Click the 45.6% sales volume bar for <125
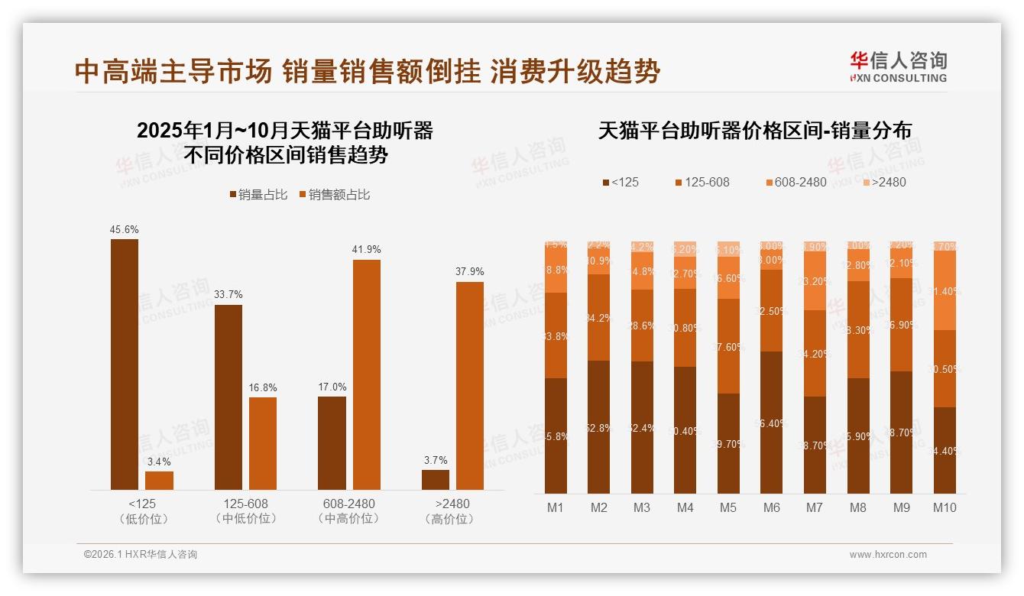point(125,364)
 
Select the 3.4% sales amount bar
point(159,481)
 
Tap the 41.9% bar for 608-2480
point(366,374)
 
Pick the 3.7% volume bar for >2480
point(436,480)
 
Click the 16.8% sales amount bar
point(263,443)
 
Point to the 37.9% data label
point(470,272)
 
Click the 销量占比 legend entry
point(258,195)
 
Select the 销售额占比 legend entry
point(335,195)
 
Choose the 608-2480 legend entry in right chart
point(796,183)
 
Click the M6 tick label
point(772,507)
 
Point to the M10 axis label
point(945,507)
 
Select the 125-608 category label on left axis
point(246,504)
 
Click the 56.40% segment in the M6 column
point(772,423)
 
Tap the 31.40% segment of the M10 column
point(945,290)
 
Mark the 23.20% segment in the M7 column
point(815,280)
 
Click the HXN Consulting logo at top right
point(898,67)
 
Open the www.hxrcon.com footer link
point(888,555)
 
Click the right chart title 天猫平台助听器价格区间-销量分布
point(754,131)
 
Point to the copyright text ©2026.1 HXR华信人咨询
point(141,555)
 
